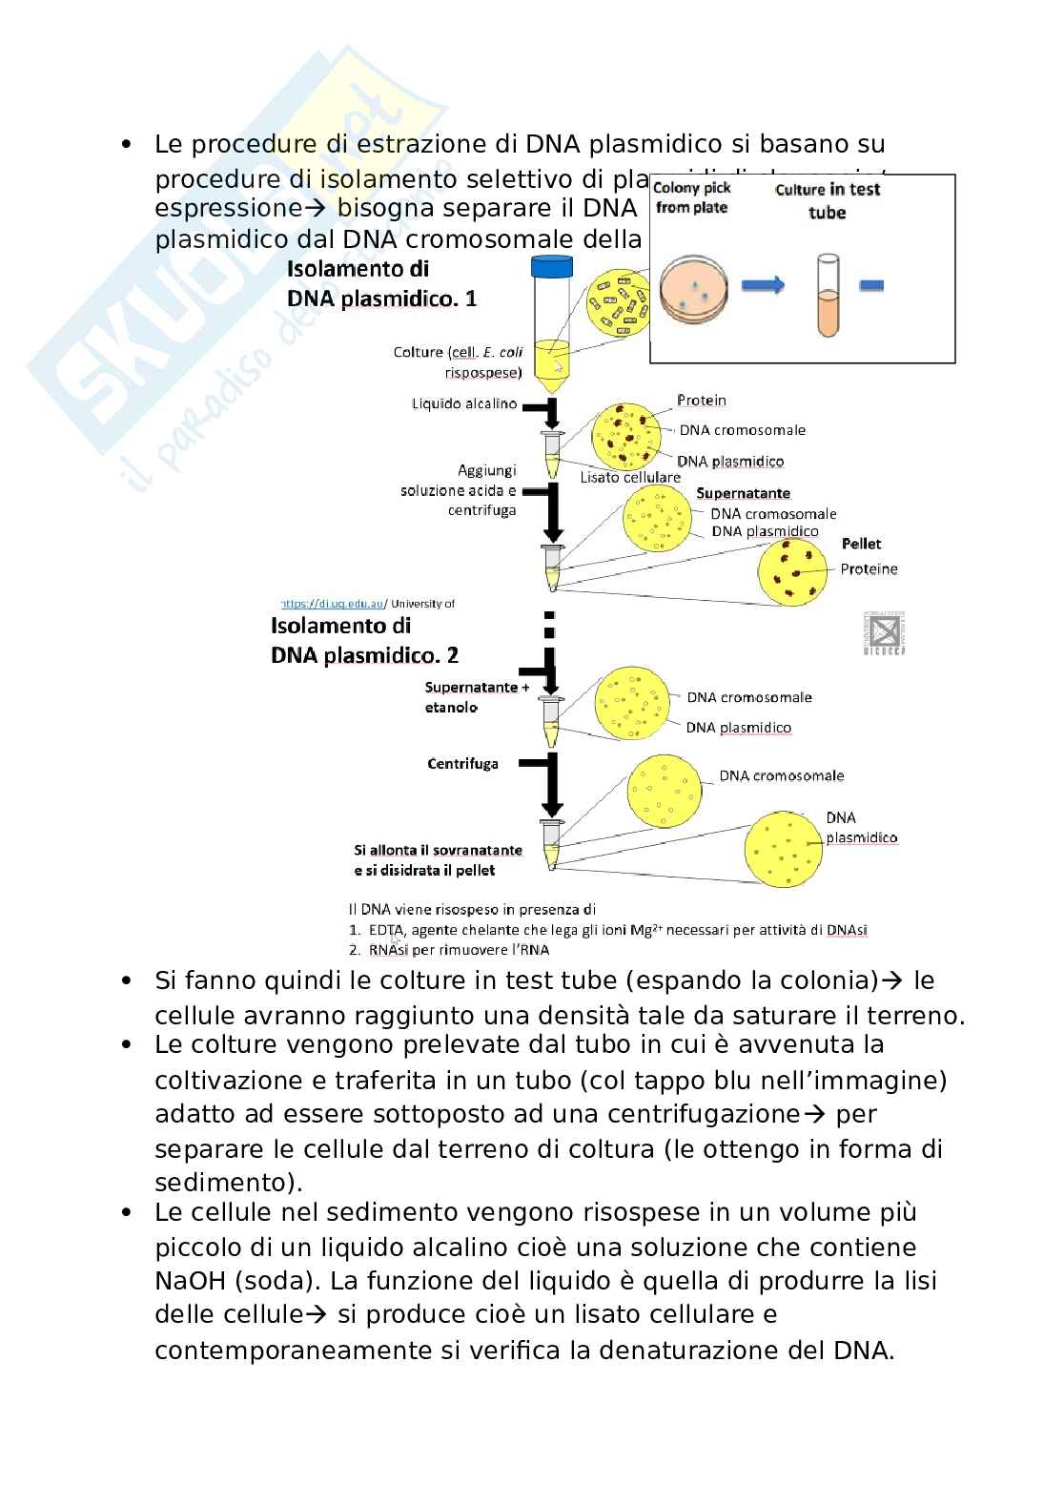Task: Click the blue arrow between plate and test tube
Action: pyautogui.click(x=762, y=284)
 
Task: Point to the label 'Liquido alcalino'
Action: pyautogui.click(x=464, y=403)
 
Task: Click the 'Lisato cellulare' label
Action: pyautogui.click(x=630, y=477)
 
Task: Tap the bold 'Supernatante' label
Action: pyautogui.click(x=743, y=493)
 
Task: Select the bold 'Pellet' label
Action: pyautogui.click(x=861, y=544)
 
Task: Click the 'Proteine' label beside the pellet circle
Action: pyautogui.click(x=869, y=569)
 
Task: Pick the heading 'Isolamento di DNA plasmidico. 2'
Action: pyautogui.click(x=364, y=640)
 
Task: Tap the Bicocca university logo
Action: pyautogui.click(x=884, y=632)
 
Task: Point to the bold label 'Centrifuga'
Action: pyautogui.click(x=463, y=763)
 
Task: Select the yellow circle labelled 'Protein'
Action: pyautogui.click(x=626, y=437)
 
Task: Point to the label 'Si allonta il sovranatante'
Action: pyautogui.click(x=438, y=850)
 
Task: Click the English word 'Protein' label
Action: pyautogui.click(x=701, y=401)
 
